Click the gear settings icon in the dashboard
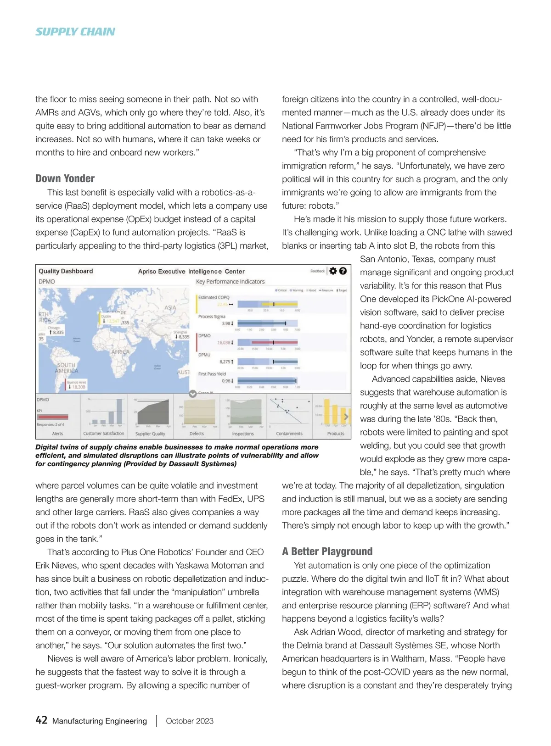click(333, 271)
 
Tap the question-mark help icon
click(343, 271)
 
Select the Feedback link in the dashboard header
click(317, 271)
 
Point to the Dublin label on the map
click(106, 316)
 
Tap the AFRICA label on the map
click(120, 352)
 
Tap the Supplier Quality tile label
click(150, 434)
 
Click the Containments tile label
click(289, 434)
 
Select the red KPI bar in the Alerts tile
click(52, 417)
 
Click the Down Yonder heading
click(65, 178)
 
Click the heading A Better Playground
click(327, 551)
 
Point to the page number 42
click(41, 720)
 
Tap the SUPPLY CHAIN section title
click(75, 32)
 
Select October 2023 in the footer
click(190, 721)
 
